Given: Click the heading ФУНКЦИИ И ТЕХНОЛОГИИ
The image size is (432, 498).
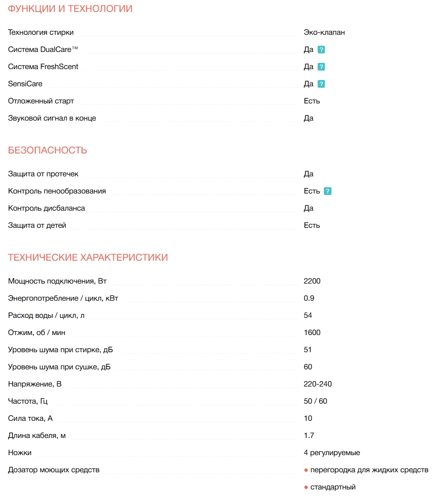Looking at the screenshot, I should [70, 9].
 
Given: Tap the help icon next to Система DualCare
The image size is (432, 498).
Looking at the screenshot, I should [321, 50].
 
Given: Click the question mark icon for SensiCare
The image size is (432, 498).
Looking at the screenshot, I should [321, 84].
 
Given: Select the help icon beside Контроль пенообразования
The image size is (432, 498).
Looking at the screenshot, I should [328, 191].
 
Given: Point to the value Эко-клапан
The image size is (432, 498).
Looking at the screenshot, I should [324, 32].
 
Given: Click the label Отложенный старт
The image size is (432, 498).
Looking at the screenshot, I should [41, 101].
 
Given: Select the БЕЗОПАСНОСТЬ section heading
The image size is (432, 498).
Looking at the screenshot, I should [48, 151].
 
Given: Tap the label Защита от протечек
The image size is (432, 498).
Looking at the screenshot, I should [43, 174].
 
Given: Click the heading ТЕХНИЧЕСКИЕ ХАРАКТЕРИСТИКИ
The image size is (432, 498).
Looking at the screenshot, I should [88, 258].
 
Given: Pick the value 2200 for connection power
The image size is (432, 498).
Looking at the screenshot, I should [312, 281].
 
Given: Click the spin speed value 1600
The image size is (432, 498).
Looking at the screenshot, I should [312, 333].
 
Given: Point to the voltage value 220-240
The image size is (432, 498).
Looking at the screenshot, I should [318, 384].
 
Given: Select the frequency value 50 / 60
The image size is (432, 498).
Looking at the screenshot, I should [315, 401].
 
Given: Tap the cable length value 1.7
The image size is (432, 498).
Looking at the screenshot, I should [309, 436].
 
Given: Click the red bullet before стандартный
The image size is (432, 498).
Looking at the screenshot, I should [306, 487].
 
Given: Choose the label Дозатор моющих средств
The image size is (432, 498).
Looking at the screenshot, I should [54, 470].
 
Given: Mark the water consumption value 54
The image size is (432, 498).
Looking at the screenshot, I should [308, 315].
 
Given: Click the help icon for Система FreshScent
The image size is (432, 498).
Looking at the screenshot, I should [321, 67].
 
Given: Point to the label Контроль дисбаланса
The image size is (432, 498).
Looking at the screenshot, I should [47, 208].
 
